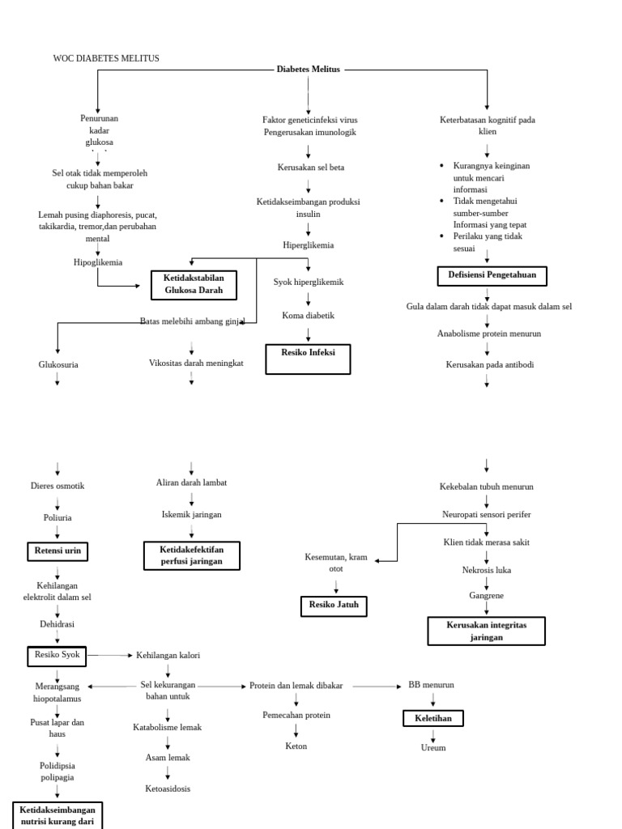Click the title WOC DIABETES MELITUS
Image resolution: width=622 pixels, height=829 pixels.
click(106, 58)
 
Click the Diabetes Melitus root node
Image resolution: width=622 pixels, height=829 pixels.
click(309, 70)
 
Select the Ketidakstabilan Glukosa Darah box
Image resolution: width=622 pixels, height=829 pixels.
click(194, 284)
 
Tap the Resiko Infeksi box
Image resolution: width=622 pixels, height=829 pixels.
click(308, 359)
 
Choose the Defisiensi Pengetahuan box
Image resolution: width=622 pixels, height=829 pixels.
click(492, 276)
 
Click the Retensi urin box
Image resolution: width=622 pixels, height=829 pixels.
click(58, 551)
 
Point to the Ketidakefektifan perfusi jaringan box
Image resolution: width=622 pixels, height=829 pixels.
click(192, 555)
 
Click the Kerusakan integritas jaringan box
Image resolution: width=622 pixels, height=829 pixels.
click(486, 631)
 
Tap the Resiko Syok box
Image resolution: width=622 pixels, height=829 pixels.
click(58, 655)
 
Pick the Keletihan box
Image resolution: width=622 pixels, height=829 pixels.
click(433, 718)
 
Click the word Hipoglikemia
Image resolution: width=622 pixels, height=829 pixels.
click(98, 262)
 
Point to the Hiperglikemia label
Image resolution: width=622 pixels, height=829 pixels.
click(308, 244)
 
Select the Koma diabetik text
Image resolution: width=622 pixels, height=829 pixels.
click(308, 316)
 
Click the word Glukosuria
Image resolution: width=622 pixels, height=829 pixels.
click(58, 365)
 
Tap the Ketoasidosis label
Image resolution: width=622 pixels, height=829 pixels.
click(168, 789)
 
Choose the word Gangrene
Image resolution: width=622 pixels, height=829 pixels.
click(486, 595)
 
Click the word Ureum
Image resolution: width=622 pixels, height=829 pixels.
click(433, 747)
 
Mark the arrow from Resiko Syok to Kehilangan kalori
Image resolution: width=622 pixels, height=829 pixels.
click(110, 655)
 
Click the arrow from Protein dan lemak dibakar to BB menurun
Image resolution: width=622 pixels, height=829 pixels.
click(377, 686)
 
